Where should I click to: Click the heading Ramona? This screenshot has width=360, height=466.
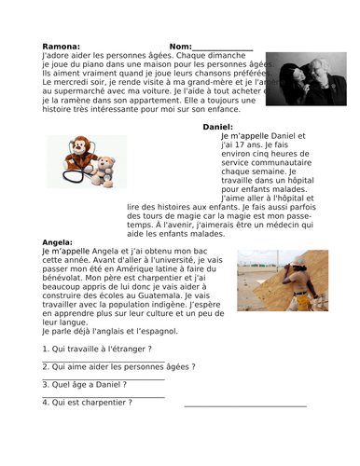pyautogui.click(x=62, y=46)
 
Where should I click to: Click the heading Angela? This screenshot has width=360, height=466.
pyautogui.click(x=58, y=241)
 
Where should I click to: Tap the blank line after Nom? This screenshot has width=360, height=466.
pyautogui.click(x=222, y=48)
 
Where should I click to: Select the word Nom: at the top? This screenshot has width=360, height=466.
pyautogui.click(x=180, y=46)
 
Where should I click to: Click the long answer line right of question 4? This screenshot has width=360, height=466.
pyautogui.click(x=245, y=404)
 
